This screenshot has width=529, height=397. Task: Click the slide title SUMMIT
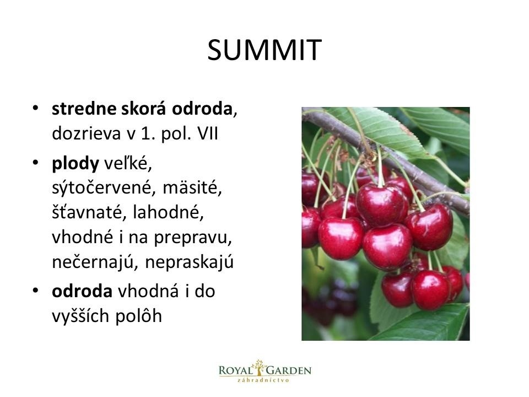click(264, 50)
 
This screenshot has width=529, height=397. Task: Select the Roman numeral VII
click(208, 133)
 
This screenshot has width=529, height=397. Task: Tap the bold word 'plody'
click(75, 164)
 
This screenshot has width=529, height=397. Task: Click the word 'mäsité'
click(192, 187)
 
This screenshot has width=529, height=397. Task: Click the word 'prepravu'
click(193, 238)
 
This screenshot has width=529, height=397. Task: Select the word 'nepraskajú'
click(189, 262)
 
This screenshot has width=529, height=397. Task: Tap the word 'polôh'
click(139, 316)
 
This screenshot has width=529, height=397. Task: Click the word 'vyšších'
click(80, 316)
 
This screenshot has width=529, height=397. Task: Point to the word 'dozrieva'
click(87, 133)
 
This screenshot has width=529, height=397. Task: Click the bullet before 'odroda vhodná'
click(35, 291)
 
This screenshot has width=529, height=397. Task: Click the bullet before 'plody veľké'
click(35, 162)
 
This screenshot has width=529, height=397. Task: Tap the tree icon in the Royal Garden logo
click(259, 368)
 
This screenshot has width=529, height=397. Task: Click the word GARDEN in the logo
click(289, 371)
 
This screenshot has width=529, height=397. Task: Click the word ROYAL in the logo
click(236, 371)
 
